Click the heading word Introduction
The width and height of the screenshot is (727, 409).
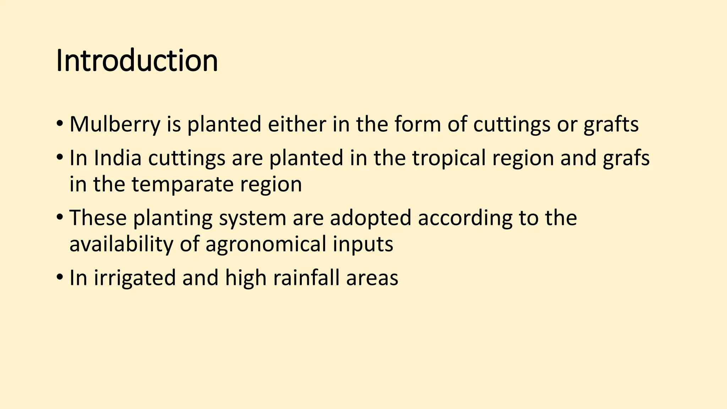(x=137, y=61)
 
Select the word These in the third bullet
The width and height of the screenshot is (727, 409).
(x=98, y=218)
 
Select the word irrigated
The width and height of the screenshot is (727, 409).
(x=135, y=278)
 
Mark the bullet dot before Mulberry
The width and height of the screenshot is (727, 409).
(x=59, y=125)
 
